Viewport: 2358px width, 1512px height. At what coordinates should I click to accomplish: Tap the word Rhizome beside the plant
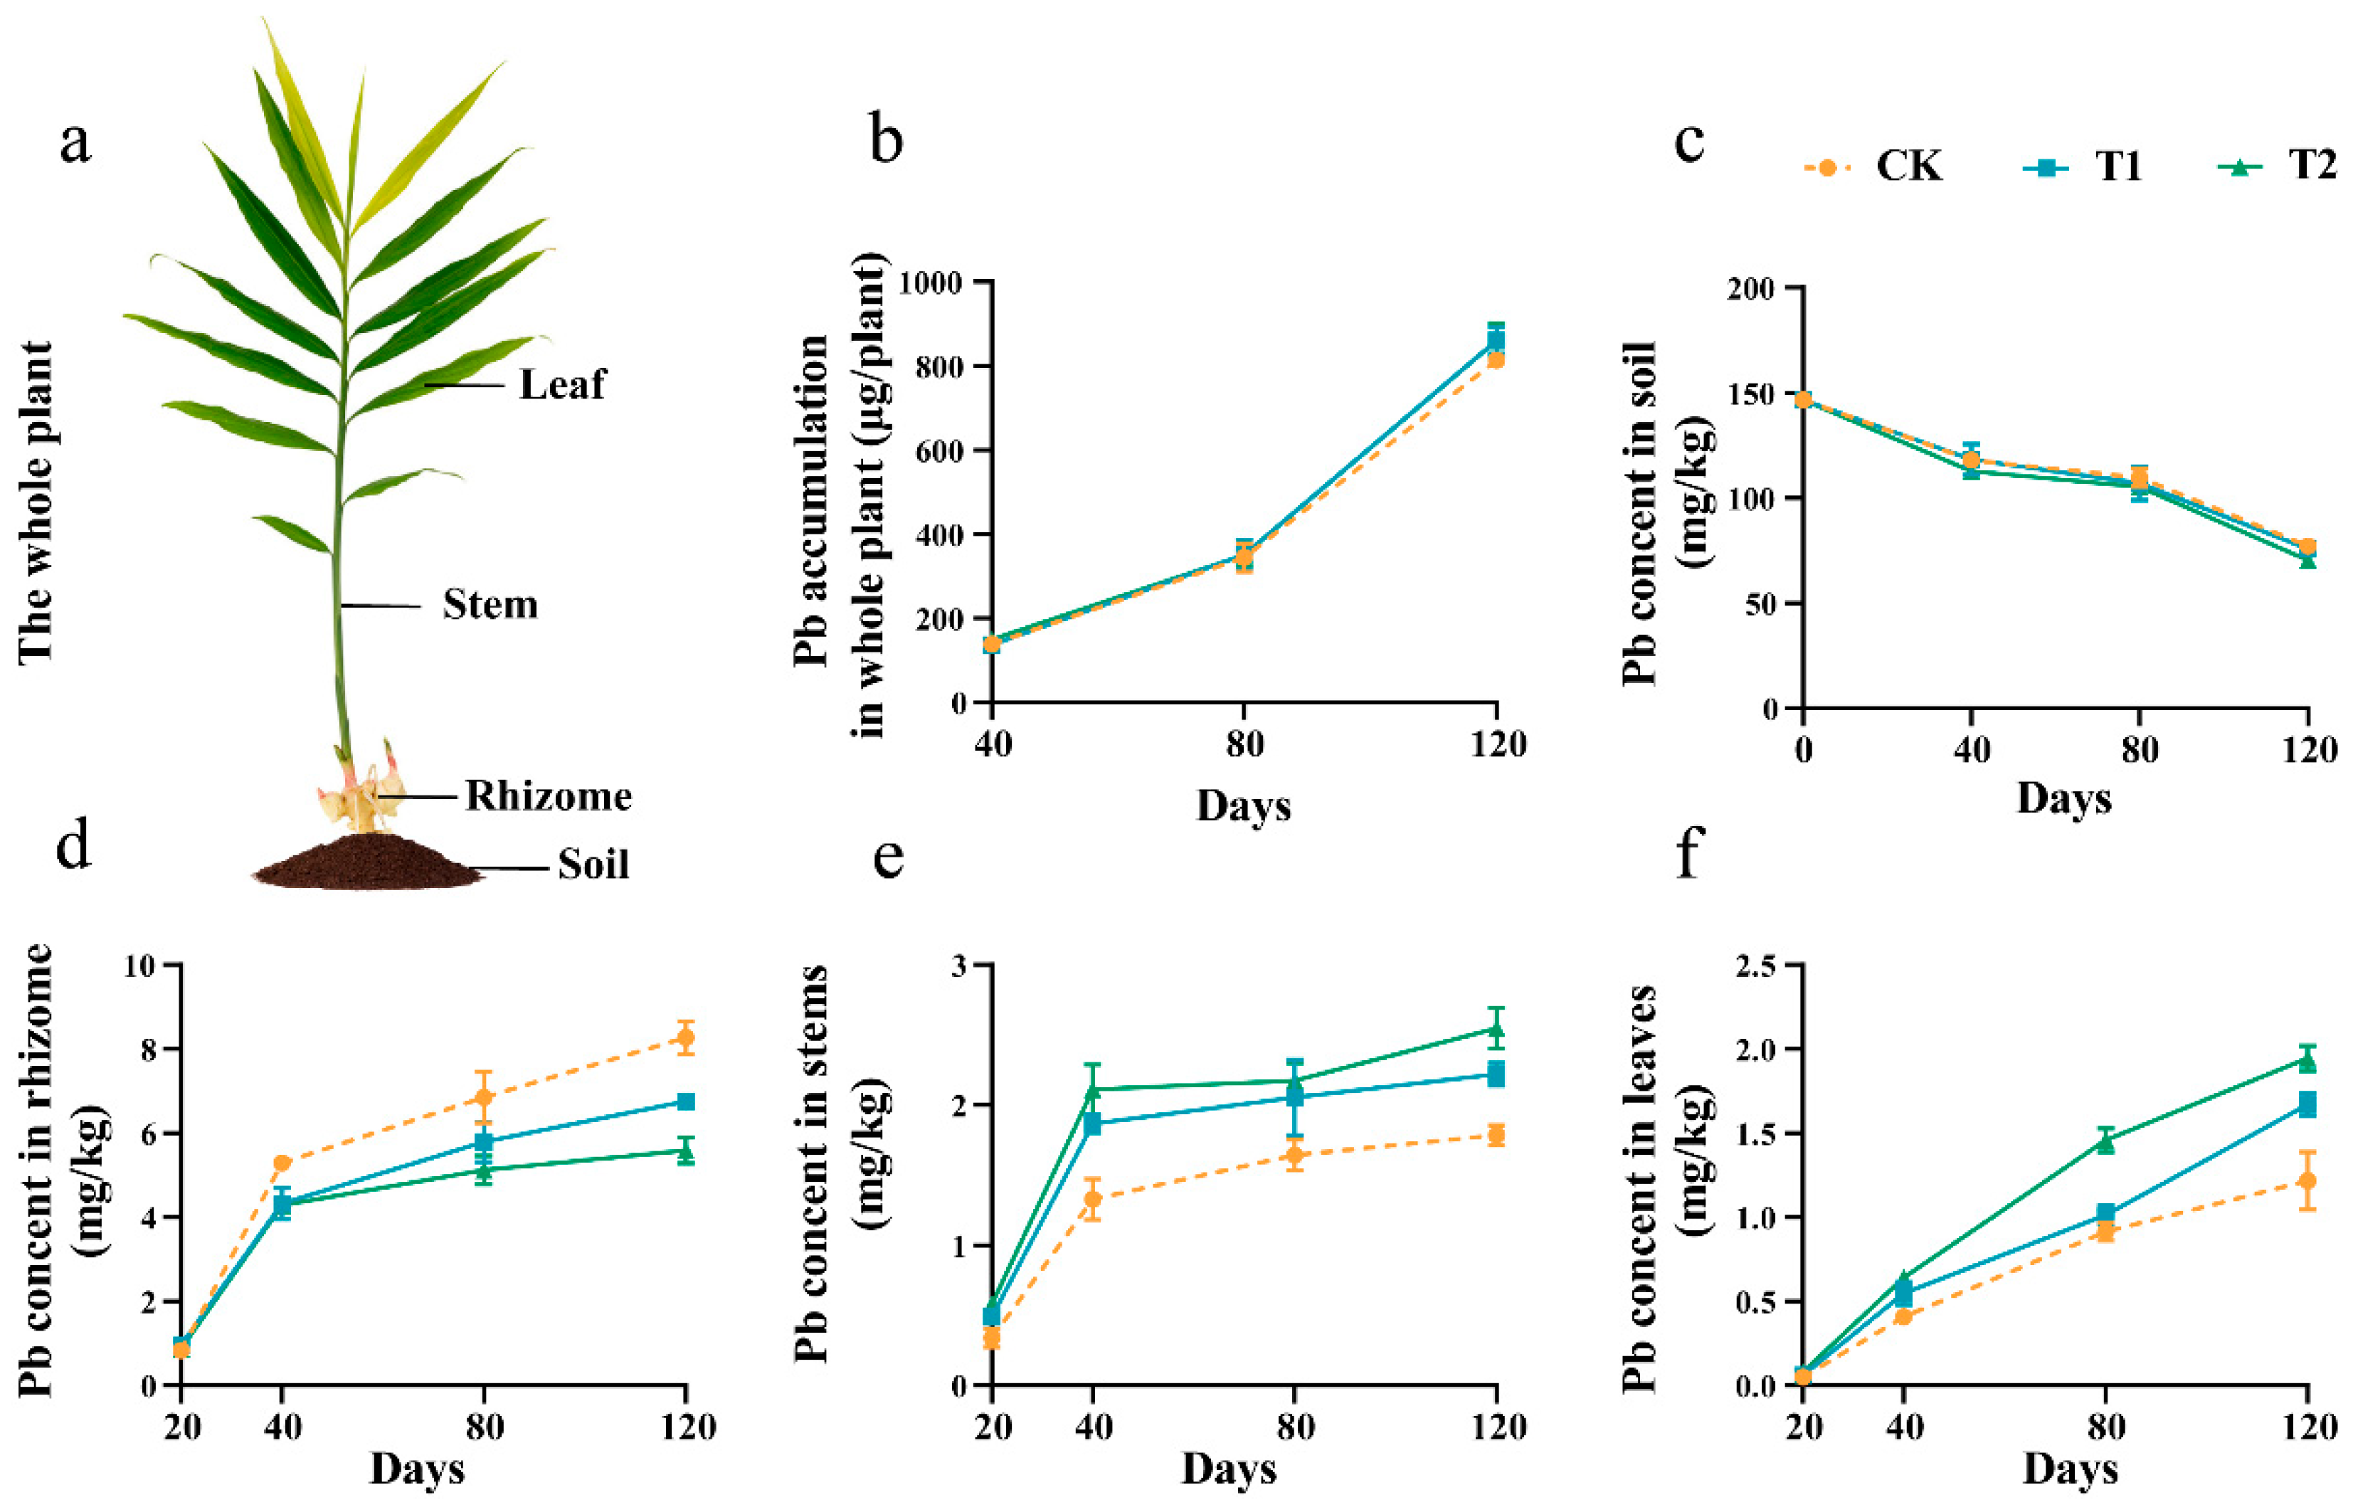coord(548,796)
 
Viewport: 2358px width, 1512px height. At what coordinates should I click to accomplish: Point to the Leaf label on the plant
coord(561,384)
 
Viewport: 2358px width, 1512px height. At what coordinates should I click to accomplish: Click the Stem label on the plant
coord(490,605)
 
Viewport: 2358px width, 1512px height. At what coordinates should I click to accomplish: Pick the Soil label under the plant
coord(593,865)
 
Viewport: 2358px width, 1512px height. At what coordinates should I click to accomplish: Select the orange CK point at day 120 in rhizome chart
coord(685,1037)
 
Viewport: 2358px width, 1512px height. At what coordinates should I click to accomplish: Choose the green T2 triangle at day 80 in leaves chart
coord(2105,1141)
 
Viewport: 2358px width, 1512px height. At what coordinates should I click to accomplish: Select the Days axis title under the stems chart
coord(1228,1470)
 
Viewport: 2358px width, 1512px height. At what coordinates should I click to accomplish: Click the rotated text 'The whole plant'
coord(36,502)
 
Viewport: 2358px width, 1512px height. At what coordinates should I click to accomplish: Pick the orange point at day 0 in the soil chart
coord(1803,400)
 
